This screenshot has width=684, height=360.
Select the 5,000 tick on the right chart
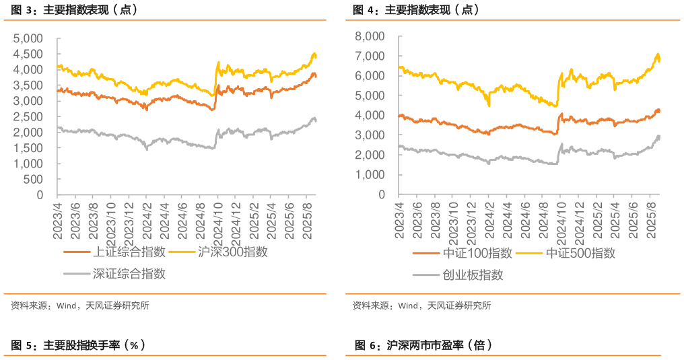click(370, 96)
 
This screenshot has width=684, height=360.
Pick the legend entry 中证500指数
click(580, 254)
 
